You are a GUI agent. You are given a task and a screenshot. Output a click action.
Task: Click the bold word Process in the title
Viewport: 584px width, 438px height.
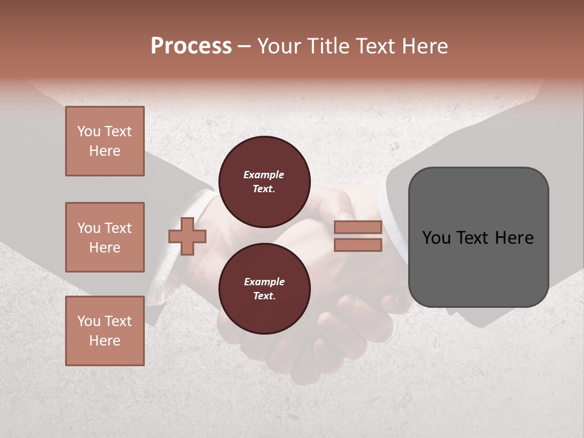click(191, 46)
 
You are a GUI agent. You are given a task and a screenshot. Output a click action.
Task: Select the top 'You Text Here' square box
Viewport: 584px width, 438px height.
click(105, 141)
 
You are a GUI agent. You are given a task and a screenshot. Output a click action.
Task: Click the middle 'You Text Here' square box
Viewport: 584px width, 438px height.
click(105, 237)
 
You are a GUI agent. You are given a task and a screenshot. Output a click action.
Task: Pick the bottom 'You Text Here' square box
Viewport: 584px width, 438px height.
click(105, 331)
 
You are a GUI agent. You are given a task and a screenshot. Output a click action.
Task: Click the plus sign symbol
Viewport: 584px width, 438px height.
click(187, 236)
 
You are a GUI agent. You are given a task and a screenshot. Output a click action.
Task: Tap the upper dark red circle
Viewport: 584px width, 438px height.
click(264, 182)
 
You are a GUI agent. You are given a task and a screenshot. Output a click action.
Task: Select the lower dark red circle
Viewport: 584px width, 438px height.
click(264, 289)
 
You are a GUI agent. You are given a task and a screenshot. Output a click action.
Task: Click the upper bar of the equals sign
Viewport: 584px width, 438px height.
click(358, 228)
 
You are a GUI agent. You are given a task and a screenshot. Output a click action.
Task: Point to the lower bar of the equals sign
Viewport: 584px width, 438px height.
click(358, 245)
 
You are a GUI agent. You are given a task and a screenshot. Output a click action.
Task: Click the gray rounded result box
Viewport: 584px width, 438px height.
click(478, 237)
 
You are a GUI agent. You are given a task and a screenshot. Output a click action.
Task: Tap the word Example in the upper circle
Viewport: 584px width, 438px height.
click(264, 175)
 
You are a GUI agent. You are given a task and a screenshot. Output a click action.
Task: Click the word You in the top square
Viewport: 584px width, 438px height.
click(89, 131)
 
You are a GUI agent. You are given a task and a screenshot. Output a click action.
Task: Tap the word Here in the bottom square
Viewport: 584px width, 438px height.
click(105, 341)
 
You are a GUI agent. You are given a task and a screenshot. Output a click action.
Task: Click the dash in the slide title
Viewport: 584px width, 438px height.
click(245, 46)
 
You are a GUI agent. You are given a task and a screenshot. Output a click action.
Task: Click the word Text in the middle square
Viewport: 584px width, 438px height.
click(117, 228)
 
